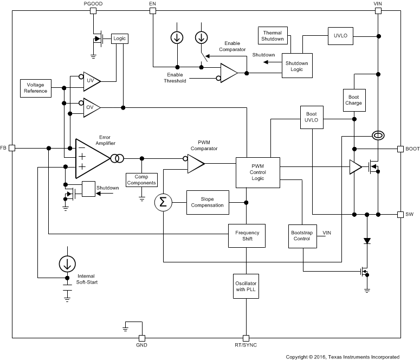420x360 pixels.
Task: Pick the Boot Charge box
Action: (x=353, y=99)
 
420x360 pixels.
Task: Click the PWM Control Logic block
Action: (x=257, y=172)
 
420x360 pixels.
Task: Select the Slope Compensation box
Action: (x=207, y=202)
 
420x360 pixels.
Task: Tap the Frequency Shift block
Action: (x=247, y=236)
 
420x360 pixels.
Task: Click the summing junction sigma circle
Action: (x=163, y=202)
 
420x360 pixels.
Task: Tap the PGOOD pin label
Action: (x=93, y=4)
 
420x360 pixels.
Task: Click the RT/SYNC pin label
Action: (x=245, y=344)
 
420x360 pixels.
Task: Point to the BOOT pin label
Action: (x=412, y=148)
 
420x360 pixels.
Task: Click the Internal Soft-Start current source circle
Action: (x=67, y=264)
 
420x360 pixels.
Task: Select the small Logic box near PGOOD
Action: (x=118, y=38)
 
